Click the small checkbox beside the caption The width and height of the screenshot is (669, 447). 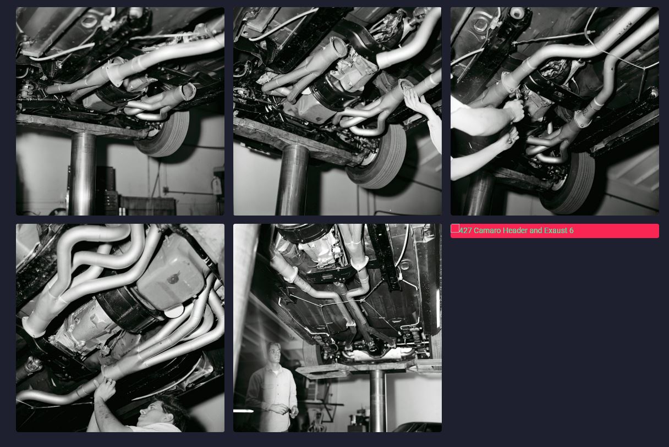point(455,228)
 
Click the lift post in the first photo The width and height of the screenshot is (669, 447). point(83,174)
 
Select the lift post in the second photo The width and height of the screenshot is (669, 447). point(292,180)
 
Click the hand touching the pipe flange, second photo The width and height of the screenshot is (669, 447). point(416,101)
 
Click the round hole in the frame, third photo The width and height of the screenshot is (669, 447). point(518,13)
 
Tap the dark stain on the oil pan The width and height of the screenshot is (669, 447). point(174,278)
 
